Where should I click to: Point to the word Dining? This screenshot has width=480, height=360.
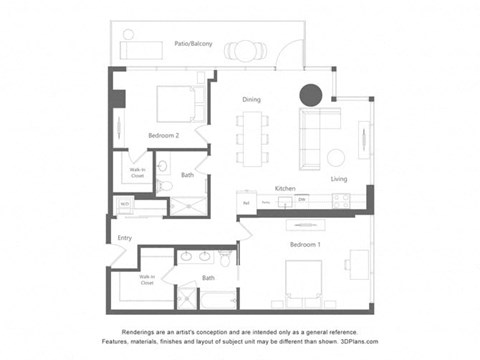click(x=252, y=99)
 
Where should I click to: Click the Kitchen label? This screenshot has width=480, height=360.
click(x=285, y=188)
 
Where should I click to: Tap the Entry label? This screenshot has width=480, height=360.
click(x=124, y=238)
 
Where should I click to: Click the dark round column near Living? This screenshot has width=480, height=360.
click(x=311, y=95)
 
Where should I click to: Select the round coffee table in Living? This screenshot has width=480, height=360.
click(x=336, y=157)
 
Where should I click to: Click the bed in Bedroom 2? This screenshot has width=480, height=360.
click(x=177, y=103)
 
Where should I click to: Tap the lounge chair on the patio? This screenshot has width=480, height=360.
click(x=143, y=48)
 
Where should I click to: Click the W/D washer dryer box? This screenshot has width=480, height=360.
click(x=125, y=204)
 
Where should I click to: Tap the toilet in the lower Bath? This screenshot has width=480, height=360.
click(x=227, y=259)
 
